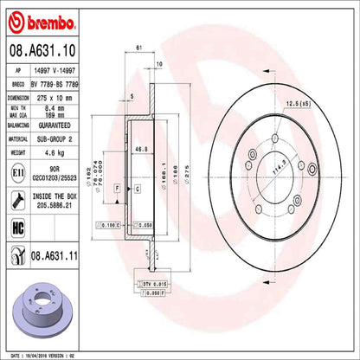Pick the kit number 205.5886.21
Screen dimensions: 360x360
[x=65, y=206]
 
